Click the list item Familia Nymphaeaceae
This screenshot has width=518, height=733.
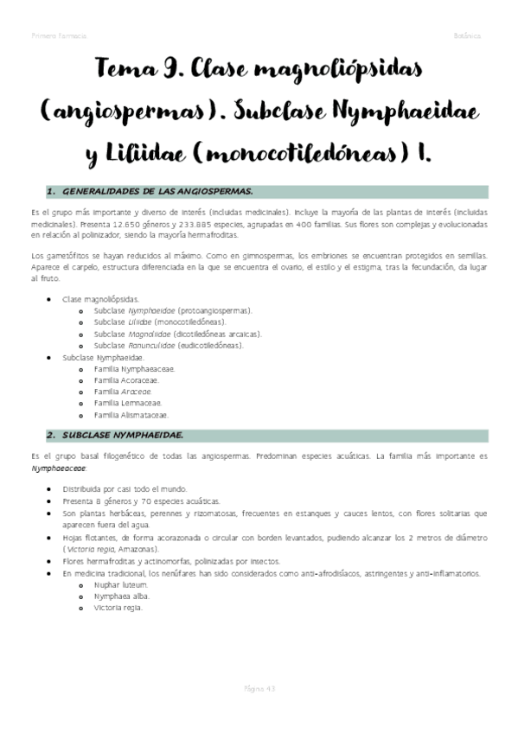(x=134, y=368)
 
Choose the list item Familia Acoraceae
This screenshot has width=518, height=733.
(x=129, y=379)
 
